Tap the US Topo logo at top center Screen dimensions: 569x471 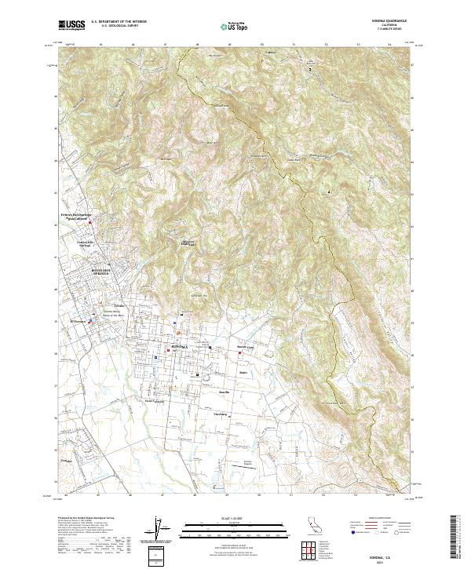click(235, 25)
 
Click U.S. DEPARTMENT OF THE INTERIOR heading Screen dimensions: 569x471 click(119, 22)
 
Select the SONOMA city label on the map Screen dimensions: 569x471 click(180, 345)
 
